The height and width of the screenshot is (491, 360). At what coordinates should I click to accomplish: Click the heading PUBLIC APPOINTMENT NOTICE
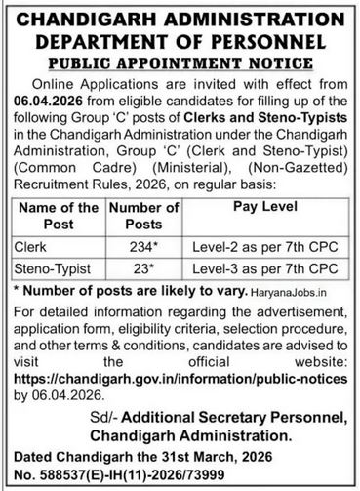[x=180, y=61]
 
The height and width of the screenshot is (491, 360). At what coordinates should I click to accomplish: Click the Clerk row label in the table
[x=29, y=246]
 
